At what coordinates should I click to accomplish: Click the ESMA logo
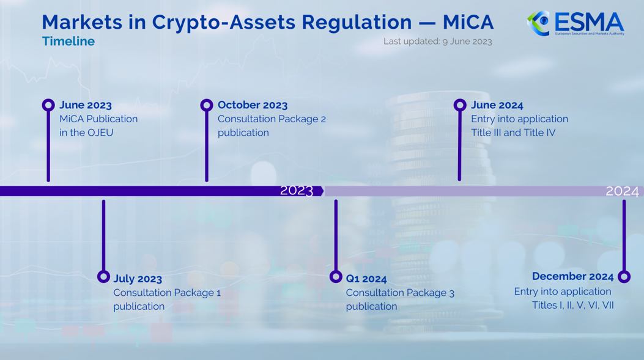point(575,23)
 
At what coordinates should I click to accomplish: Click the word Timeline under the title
point(68,42)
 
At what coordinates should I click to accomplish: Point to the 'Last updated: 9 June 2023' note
point(437,42)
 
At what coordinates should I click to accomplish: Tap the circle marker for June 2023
point(48,105)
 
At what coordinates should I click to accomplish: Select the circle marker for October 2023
point(207,105)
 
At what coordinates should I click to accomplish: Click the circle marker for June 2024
point(460,105)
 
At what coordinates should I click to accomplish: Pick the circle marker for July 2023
point(103,277)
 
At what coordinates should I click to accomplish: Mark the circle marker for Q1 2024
point(336,277)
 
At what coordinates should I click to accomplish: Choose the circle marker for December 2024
point(624,277)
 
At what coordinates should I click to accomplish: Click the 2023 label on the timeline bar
point(297,191)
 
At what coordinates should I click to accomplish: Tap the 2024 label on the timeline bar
point(622,191)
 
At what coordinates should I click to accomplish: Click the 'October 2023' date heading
point(252,105)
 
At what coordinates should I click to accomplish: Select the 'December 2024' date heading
point(572,276)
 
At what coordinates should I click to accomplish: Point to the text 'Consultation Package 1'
point(167,293)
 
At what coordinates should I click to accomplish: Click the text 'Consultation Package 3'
point(400,293)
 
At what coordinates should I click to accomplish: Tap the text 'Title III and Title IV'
point(513,133)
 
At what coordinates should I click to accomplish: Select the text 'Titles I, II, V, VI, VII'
point(572,306)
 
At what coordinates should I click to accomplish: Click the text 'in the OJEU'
point(86,133)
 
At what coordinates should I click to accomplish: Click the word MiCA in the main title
point(468,22)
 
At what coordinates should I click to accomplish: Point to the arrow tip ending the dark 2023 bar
point(322,191)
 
